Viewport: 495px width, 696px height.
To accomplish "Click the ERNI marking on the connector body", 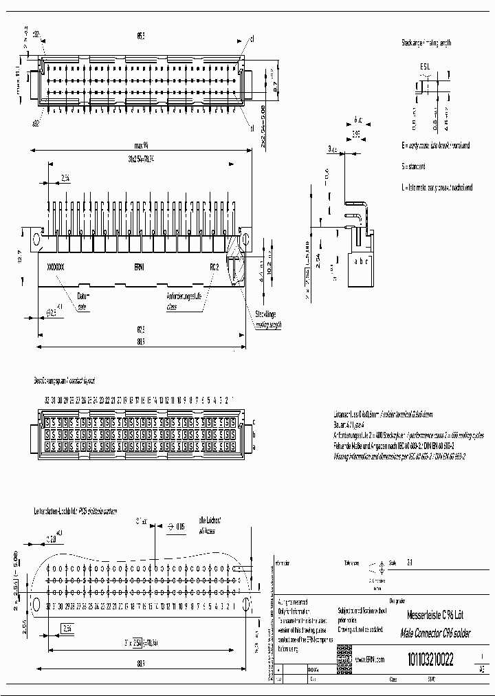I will (140, 266).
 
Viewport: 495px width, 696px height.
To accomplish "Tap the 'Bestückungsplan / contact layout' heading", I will (65, 380).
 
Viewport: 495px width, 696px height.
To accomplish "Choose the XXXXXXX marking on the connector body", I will (55, 266).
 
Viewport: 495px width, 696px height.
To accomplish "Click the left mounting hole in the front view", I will (38, 239).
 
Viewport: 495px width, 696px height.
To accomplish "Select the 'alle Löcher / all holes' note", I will (207, 526).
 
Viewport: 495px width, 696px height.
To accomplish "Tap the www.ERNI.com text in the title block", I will (370, 660).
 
